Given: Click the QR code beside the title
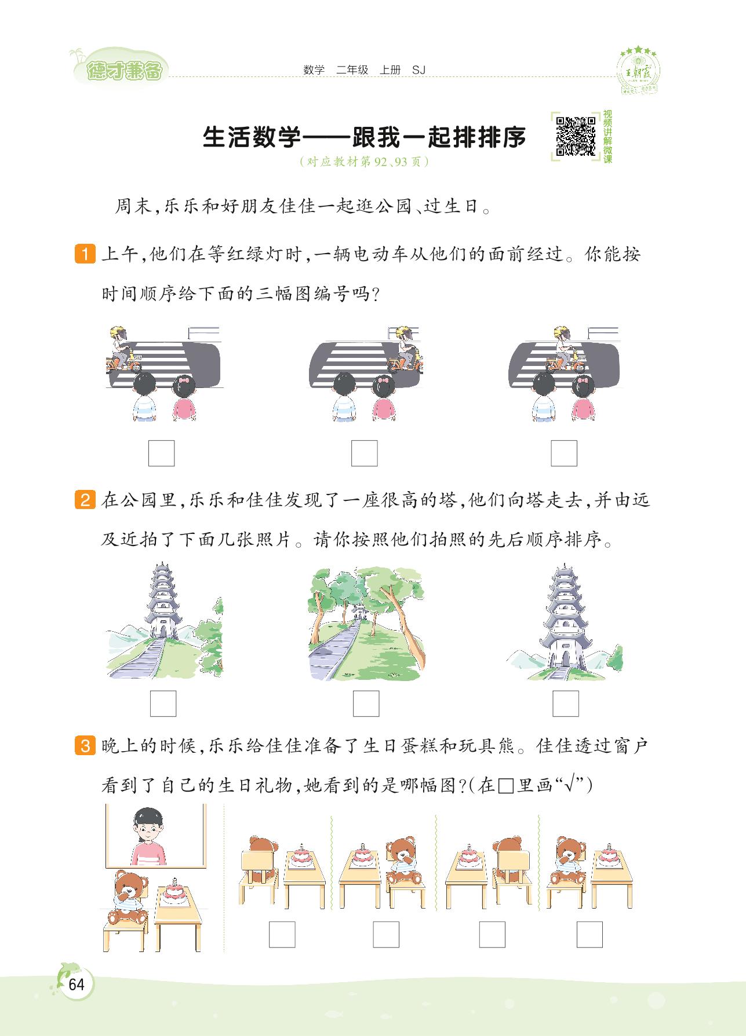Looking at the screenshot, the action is [576, 137].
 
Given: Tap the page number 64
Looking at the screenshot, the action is [76, 984].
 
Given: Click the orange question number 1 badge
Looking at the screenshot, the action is [85, 255].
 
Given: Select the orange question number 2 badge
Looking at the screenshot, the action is [85, 499].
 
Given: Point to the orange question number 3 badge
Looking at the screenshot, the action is [85, 746].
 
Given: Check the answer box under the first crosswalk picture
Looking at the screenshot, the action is [161, 453].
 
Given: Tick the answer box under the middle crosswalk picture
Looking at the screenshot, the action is [364, 453].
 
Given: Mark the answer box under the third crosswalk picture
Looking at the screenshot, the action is [564, 453].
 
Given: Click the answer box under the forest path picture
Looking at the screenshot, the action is [366, 704].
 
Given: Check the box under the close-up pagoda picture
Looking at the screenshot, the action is [565, 704].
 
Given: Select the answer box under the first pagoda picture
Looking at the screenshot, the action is [163, 704].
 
